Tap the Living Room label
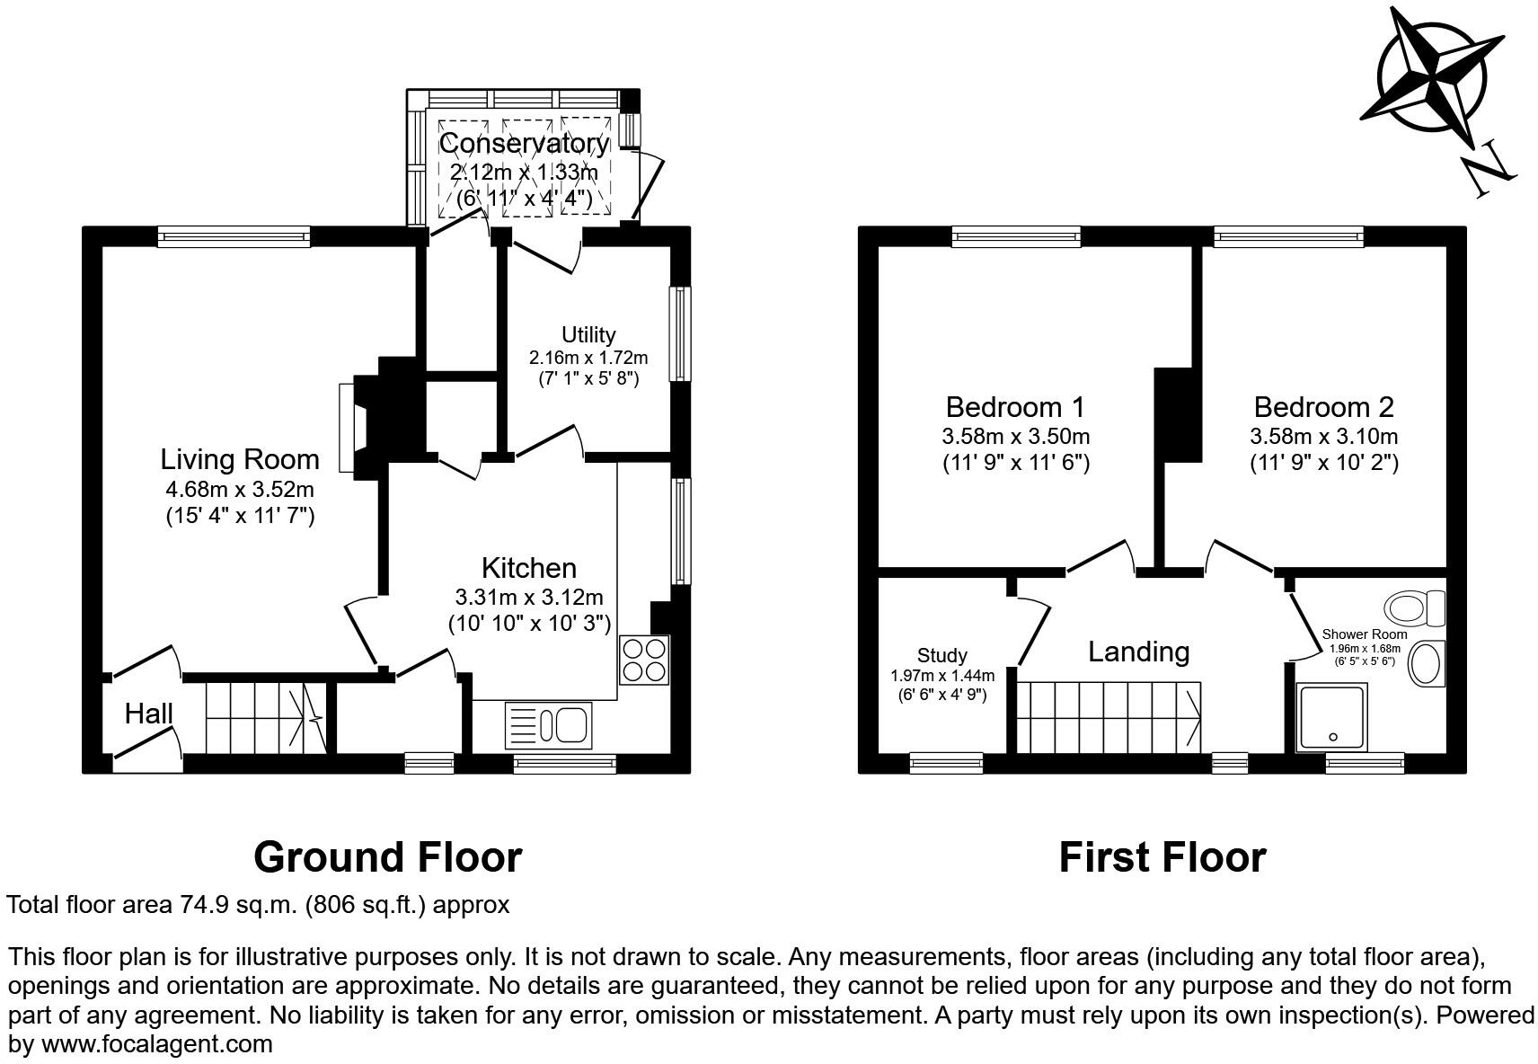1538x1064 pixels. [240, 459]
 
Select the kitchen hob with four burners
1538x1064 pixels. [643, 661]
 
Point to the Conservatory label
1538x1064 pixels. [524, 143]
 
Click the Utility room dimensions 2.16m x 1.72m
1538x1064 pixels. [588, 357]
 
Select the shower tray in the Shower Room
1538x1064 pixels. [1332, 717]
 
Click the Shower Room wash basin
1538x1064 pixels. [1425, 664]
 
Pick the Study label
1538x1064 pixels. [942, 655]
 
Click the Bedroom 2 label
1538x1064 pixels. [1323, 407]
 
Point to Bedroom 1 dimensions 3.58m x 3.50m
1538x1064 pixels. [1015, 437]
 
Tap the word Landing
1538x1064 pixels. [1138, 652]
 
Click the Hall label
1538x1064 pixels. [148, 714]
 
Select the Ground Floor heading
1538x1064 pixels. [387, 856]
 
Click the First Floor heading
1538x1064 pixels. [1162, 856]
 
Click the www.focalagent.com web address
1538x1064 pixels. [156, 1044]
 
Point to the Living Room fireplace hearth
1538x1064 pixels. [349, 428]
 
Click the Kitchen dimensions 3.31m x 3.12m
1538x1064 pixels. [529, 597]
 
